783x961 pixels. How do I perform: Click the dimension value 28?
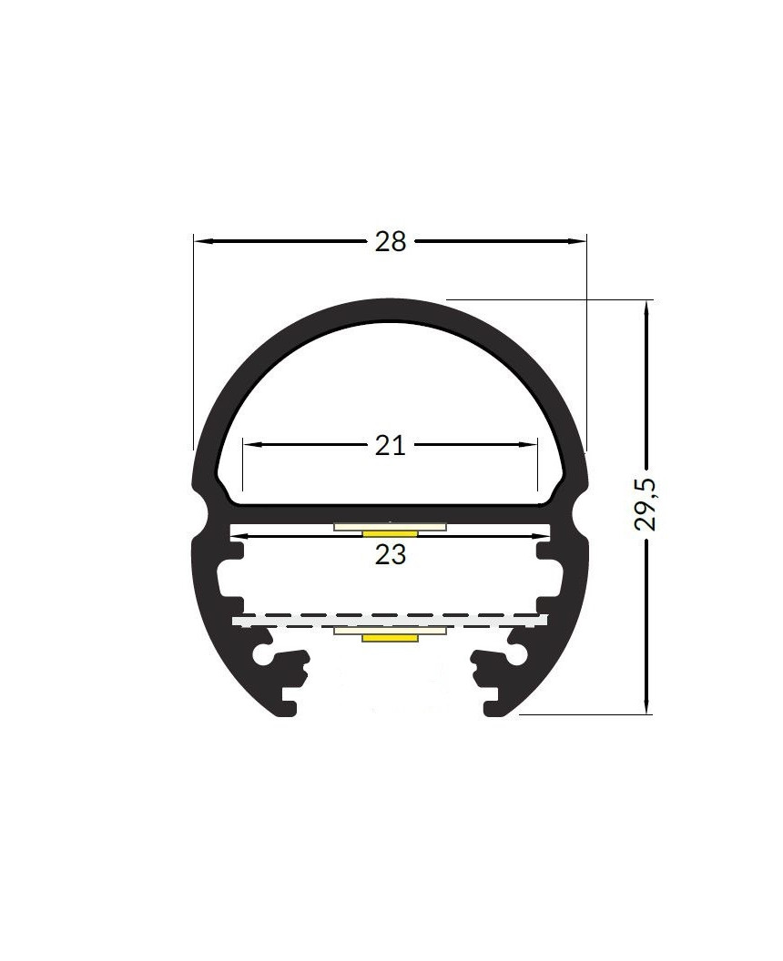click(x=390, y=242)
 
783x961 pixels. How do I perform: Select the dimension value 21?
click(x=390, y=445)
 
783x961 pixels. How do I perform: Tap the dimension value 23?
click(x=390, y=555)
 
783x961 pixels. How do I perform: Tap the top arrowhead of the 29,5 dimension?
click(x=646, y=308)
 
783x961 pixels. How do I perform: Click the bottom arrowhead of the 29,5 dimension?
click(x=646, y=706)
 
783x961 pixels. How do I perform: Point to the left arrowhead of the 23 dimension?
click(x=239, y=536)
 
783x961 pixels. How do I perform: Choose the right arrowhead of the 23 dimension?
click(x=544, y=536)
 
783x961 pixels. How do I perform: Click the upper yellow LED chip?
click(x=390, y=532)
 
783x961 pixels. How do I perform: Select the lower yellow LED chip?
click(x=390, y=638)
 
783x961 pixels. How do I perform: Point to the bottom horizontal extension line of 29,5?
click(x=583, y=715)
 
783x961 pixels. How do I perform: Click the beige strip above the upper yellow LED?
click(x=390, y=526)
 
